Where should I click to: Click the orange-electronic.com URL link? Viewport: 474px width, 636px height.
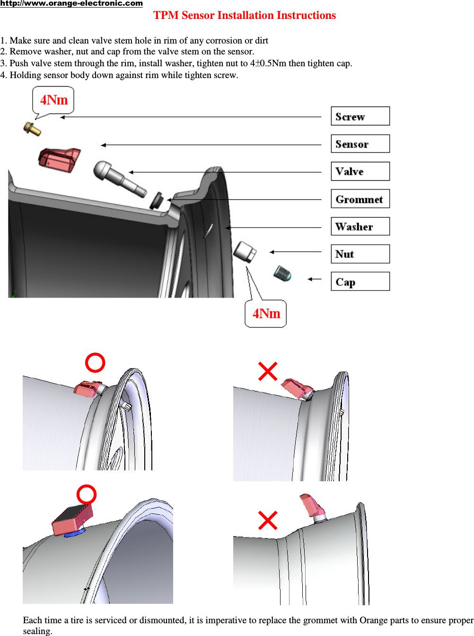[x=71, y=4]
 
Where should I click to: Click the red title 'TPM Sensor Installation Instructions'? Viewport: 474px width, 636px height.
[x=245, y=16]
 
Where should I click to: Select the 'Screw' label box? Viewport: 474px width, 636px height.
[x=360, y=116]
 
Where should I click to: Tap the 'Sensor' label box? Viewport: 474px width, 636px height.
[x=360, y=144]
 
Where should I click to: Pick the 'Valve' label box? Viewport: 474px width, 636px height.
[x=360, y=171]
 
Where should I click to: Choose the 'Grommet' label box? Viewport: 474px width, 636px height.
[x=360, y=199]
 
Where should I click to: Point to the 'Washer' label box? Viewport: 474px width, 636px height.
[x=360, y=227]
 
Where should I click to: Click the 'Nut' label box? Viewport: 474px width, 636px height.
[x=360, y=254]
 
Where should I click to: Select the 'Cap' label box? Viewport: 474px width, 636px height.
[x=360, y=282]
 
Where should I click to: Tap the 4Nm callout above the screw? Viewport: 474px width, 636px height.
[x=53, y=100]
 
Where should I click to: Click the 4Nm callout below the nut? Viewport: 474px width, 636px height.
[x=266, y=314]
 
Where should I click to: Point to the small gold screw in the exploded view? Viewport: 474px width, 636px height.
[x=32, y=128]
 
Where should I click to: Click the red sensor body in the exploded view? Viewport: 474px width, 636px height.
[x=59, y=159]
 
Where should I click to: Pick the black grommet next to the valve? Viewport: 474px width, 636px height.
[x=156, y=200]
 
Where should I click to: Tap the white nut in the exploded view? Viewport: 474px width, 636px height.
[x=245, y=251]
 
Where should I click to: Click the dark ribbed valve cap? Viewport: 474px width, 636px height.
[x=282, y=274]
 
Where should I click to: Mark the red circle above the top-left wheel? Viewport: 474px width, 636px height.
[x=95, y=363]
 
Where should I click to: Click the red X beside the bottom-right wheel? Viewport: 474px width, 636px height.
[x=268, y=520]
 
